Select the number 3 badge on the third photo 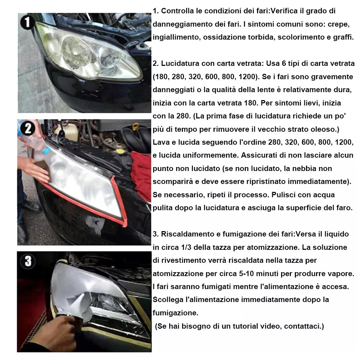[x=28, y=261]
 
